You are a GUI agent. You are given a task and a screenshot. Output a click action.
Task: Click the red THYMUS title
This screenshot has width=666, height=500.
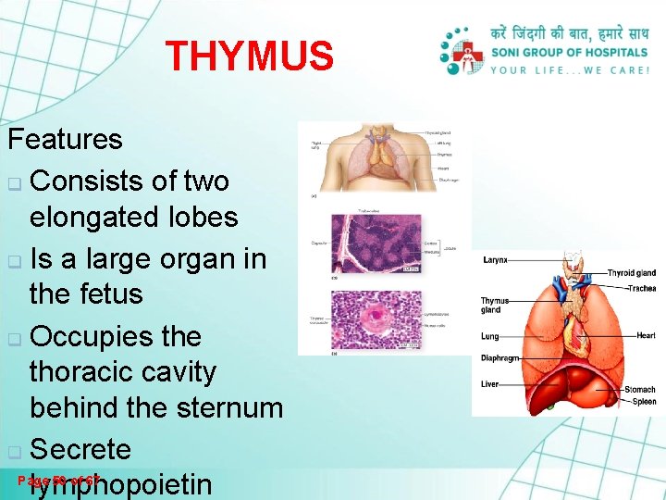pos(249,56)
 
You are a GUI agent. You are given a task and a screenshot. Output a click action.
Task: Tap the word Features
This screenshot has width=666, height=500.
pos(65,140)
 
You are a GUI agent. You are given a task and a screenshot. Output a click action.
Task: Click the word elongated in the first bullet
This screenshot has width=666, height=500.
pos(103,218)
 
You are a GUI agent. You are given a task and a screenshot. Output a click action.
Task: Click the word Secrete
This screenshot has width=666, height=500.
pos(80,449)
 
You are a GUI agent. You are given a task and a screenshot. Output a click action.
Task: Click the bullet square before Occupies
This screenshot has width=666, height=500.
pos(14,337)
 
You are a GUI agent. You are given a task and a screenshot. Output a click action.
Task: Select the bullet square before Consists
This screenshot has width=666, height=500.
pos(14,181)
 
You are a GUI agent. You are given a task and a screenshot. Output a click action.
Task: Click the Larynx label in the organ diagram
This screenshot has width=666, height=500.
pos(495,261)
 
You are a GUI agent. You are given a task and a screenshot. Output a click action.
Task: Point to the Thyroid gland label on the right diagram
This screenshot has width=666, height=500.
pos(631,273)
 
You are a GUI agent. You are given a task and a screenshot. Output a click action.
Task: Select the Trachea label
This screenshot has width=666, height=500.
pos(641,288)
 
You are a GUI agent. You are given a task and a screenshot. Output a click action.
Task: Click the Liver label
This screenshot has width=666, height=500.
pos(489,384)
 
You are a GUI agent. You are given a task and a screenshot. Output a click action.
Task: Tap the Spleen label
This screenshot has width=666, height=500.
pos(644,402)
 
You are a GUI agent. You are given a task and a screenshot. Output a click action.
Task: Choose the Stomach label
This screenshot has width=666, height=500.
pos(639,390)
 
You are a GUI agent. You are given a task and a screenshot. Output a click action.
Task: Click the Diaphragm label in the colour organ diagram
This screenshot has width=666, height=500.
pos(499,358)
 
